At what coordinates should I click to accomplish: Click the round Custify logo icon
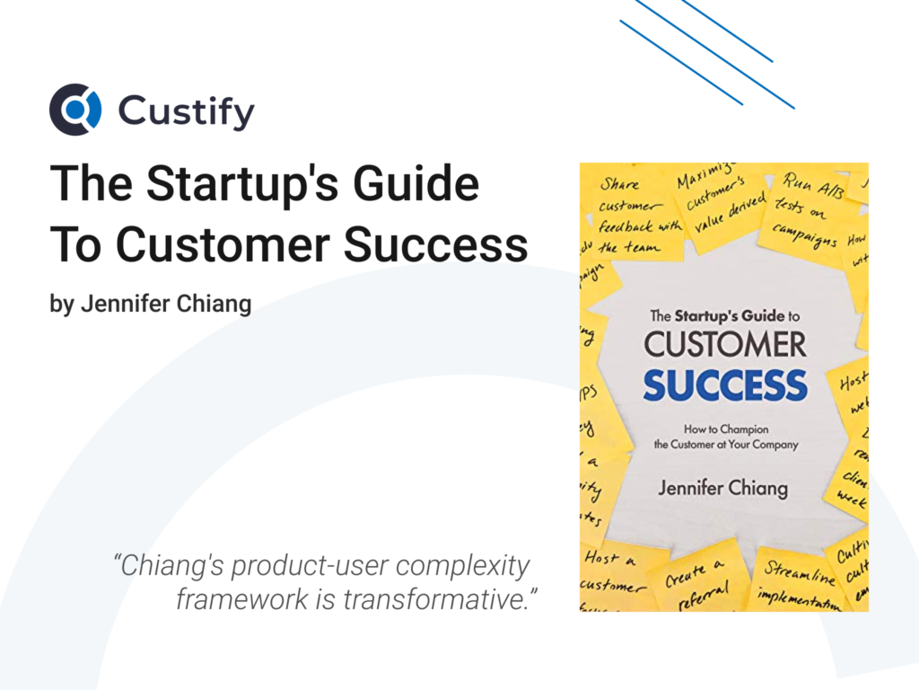tap(75, 110)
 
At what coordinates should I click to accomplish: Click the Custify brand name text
tap(187, 112)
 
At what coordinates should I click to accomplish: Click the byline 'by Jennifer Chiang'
tap(150, 304)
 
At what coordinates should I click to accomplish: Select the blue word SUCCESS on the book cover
tap(724, 385)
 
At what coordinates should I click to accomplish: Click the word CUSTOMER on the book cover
tap(724, 344)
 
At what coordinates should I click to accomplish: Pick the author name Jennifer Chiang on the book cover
tap(723, 489)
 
